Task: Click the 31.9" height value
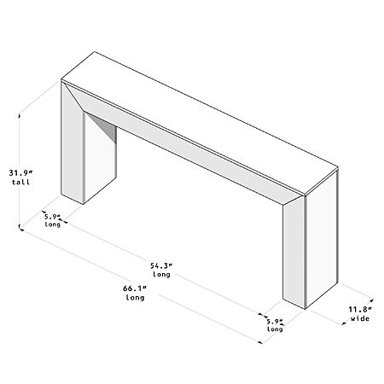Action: click(x=20, y=172)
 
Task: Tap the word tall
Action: click(x=20, y=182)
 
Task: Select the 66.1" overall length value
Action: click(x=135, y=288)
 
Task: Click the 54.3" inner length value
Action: click(x=161, y=265)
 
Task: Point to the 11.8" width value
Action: click(x=360, y=309)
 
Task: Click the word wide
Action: click(x=360, y=318)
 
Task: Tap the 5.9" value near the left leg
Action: click(x=52, y=217)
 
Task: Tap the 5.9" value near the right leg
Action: click(x=275, y=322)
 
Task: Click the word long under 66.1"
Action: click(x=135, y=298)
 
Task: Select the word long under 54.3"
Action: click(x=161, y=275)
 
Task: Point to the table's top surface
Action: click(x=199, y=122)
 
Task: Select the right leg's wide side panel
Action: click(x=322, y=239)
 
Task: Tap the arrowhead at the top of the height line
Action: click(x=20, y=115)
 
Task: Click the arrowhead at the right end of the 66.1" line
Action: click(x=260, y=342)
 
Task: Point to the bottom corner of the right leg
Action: click(x=305, y=309)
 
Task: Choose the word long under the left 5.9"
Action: click(x=53, y=224)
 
